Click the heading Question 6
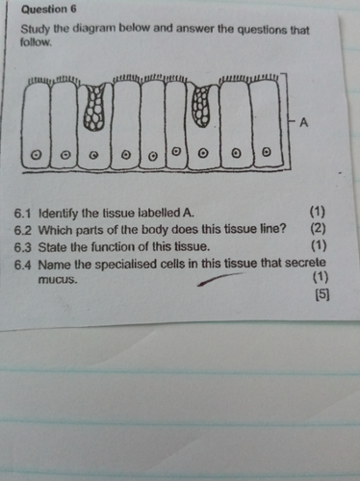(48, 10)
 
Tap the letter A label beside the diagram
(303, 122)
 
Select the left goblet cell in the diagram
(94, 108)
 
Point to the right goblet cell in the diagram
(202, 105)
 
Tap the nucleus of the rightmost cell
(266, 152)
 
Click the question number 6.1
(22, 214)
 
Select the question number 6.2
(23, 231)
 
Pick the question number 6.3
(23, 247)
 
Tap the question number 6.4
(23, 266)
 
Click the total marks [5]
(322, 295)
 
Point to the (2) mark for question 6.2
(318, 228)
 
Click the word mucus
(58, 280)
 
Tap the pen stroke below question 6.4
(219, 279)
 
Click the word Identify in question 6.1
(53, 214)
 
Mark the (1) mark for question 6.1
(318, 212)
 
